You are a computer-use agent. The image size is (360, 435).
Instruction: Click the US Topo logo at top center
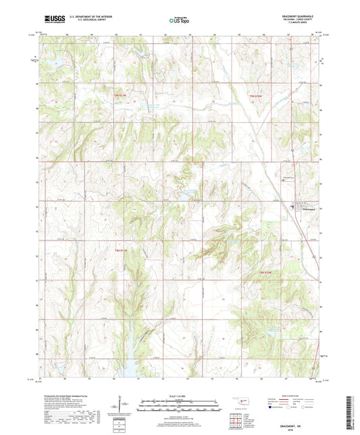[x=180, y=20]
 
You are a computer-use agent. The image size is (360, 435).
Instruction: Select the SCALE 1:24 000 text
[x=180, y=396]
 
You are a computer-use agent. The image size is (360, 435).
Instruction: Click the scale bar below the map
[x=180, y=405]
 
